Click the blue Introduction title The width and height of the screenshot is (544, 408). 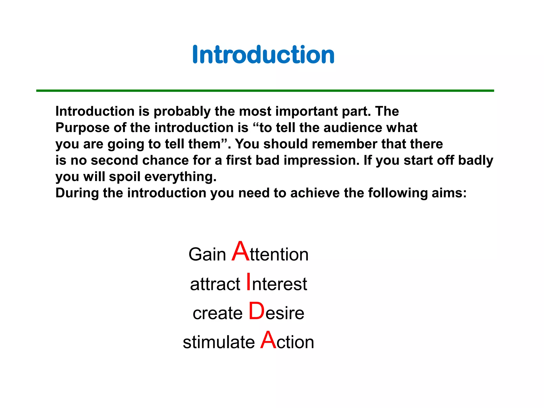pyautogui.click(x=263, y=55)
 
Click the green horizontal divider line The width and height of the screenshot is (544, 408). pyautogui.click(x=265, y=91)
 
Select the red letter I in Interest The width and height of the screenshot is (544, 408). pyautogui.click(x=248, y=282)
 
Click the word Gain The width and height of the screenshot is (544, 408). pyautogui.click(x=207, y=254)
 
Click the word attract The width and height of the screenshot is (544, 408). pyautogui.click(x=215, y=284)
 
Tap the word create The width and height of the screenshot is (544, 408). pyautogui.click(x=218, y=313)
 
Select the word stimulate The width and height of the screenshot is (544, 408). pyautogui.click(x=219, y=342)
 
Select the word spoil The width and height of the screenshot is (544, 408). pyautogui.click(x=125, y=177)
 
